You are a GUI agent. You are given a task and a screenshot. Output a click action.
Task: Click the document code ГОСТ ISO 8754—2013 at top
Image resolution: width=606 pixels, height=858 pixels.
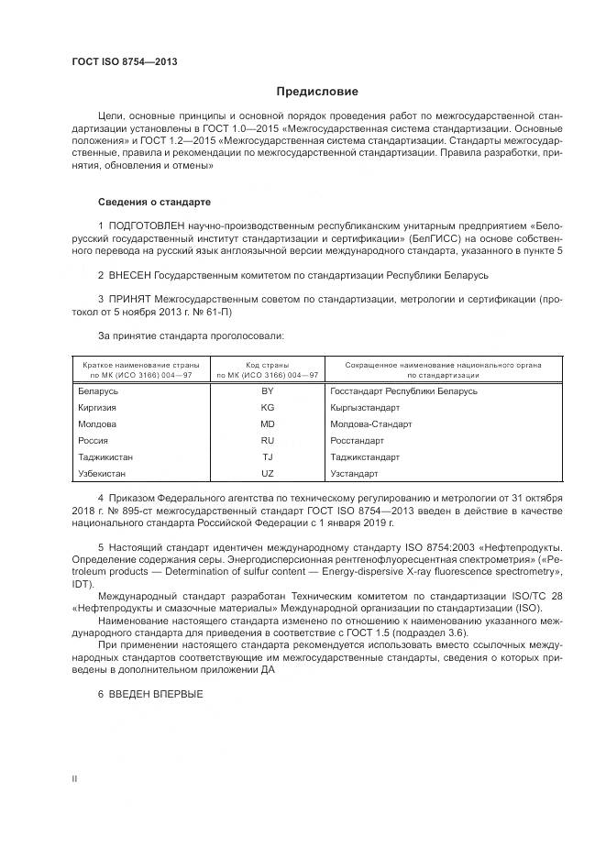click(124, 62)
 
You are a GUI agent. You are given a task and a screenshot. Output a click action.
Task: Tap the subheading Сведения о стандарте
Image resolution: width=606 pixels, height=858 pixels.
click(154, 201)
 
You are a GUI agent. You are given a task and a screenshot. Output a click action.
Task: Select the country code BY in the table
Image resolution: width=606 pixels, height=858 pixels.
click(267, 391)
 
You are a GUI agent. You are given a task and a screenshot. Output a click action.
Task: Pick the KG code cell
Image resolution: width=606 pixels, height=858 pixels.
click(267, 408)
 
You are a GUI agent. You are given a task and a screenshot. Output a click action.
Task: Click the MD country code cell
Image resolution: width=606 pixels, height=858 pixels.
click(267, 424)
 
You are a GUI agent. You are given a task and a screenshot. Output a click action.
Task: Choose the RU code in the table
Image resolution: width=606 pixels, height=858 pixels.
click(267, 441)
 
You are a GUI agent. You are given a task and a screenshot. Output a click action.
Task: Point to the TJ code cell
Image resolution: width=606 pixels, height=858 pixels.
click(267, 457)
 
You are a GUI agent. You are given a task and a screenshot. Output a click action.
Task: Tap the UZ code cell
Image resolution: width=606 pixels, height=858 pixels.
click(267, 474)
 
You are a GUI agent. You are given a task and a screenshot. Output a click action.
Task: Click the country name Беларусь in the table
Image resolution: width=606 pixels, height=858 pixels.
click(98, 391)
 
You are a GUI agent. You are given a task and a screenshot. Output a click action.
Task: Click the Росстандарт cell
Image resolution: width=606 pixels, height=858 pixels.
click(358, 441)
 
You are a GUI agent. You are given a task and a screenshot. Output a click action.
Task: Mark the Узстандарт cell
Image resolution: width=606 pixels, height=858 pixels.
click(354, 474)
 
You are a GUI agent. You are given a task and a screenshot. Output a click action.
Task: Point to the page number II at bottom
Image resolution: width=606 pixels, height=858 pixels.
click(74, 778)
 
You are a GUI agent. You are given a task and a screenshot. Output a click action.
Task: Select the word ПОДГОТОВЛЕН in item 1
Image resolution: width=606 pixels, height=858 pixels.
click(143, 225)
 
